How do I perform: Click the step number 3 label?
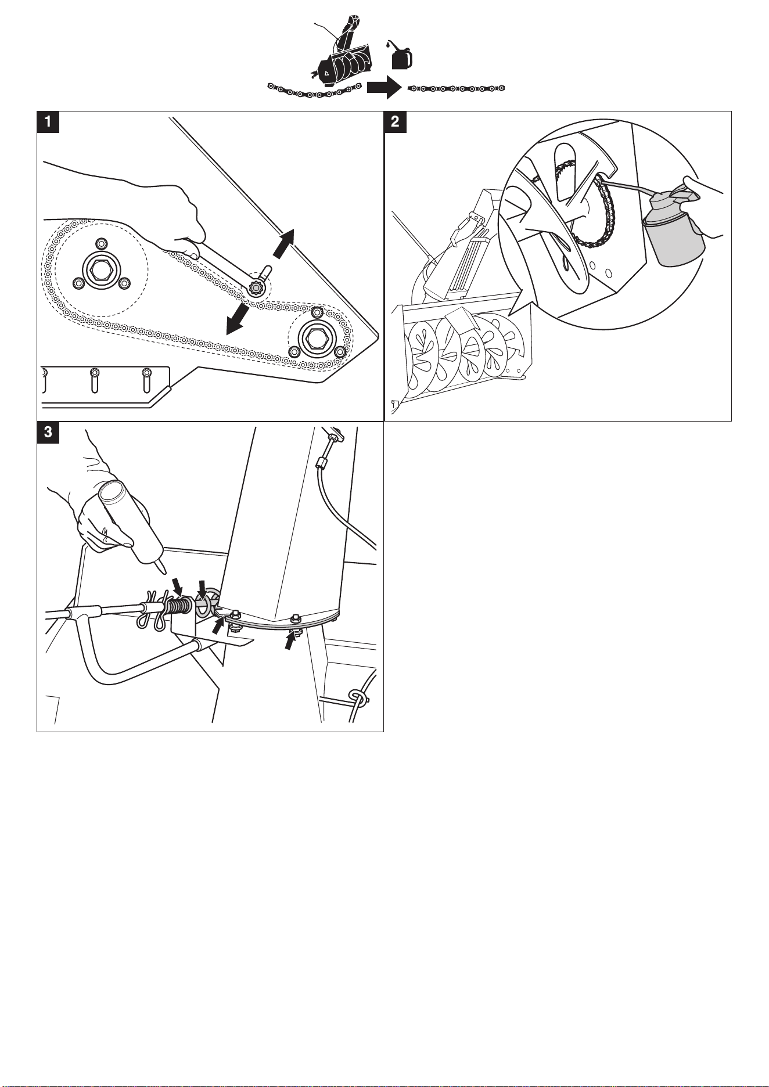[48, 433]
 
